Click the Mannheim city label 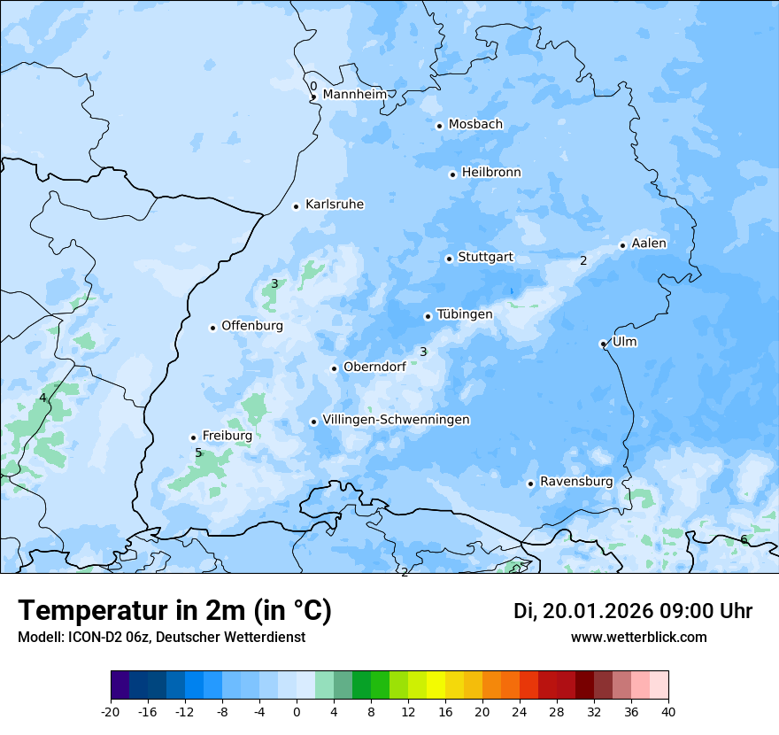(354, 95)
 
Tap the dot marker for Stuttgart (449, 259)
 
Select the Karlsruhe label (334, 205)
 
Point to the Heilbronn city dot (452, 174)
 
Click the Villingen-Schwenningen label (396, 420)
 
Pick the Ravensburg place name (576, 482)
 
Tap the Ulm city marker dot (603, 344)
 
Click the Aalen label (649, 244)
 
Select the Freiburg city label (227, 436)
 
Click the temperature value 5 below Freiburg (198, 453)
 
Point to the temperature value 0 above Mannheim (313, 86)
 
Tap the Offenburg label (251, 326)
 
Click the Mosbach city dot (439, 126)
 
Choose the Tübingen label (464, 314)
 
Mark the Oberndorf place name (374, 367)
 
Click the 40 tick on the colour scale (667, 711)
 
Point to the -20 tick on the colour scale (111, 711)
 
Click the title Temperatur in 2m (174, 610)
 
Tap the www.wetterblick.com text (638, 637)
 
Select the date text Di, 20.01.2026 (582, 611)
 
